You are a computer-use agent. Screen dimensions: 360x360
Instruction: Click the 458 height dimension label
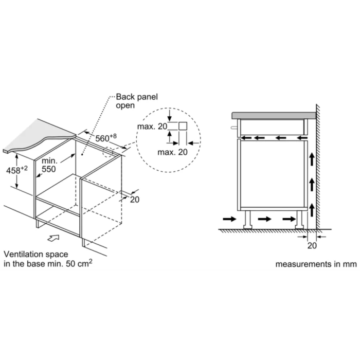[x=17, y=170]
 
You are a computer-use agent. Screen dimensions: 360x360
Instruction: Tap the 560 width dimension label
[x=106, y=138]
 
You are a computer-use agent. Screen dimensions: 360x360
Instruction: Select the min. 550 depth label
[x=49, y=165]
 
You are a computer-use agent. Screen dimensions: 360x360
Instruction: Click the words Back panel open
[x=137, y=101]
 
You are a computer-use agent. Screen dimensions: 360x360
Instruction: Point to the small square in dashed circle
[x=183, y=126]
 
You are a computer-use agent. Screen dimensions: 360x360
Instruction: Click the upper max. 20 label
[x=152, y=127]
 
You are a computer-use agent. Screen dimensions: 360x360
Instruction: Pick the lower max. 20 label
[x=172, y=152]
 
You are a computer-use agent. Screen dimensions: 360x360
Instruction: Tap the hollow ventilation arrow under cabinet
[x=53, y=238]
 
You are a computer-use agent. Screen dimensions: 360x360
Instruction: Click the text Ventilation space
[x=36, y=254]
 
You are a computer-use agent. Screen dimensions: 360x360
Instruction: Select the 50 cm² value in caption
[x=79, y=263]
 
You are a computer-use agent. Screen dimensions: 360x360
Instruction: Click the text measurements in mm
[x=316, y=264]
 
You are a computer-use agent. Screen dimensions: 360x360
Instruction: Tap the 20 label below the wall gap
[x=312, y=245]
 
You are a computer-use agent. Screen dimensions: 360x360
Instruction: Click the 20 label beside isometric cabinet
[x=135, y=200]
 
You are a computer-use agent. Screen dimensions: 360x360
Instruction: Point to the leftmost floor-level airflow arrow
[x=229, y=219]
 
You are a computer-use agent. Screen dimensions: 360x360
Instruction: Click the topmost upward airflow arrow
[x=312, y=159]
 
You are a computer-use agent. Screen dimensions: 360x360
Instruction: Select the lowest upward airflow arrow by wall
[x=312, y=210]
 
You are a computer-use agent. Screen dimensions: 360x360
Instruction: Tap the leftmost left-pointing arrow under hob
[x=246, y=138]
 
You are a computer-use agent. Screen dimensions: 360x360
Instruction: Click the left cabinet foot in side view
[x=248, y=220]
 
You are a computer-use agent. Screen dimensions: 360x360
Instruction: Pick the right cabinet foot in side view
[x=299, y=220]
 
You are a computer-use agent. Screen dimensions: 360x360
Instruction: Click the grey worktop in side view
[x=274, y=116]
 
